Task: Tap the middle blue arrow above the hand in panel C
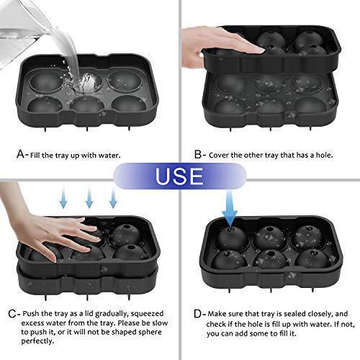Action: [89, 196]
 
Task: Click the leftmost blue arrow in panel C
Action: [64, 196]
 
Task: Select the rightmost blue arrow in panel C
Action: [114, 196]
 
